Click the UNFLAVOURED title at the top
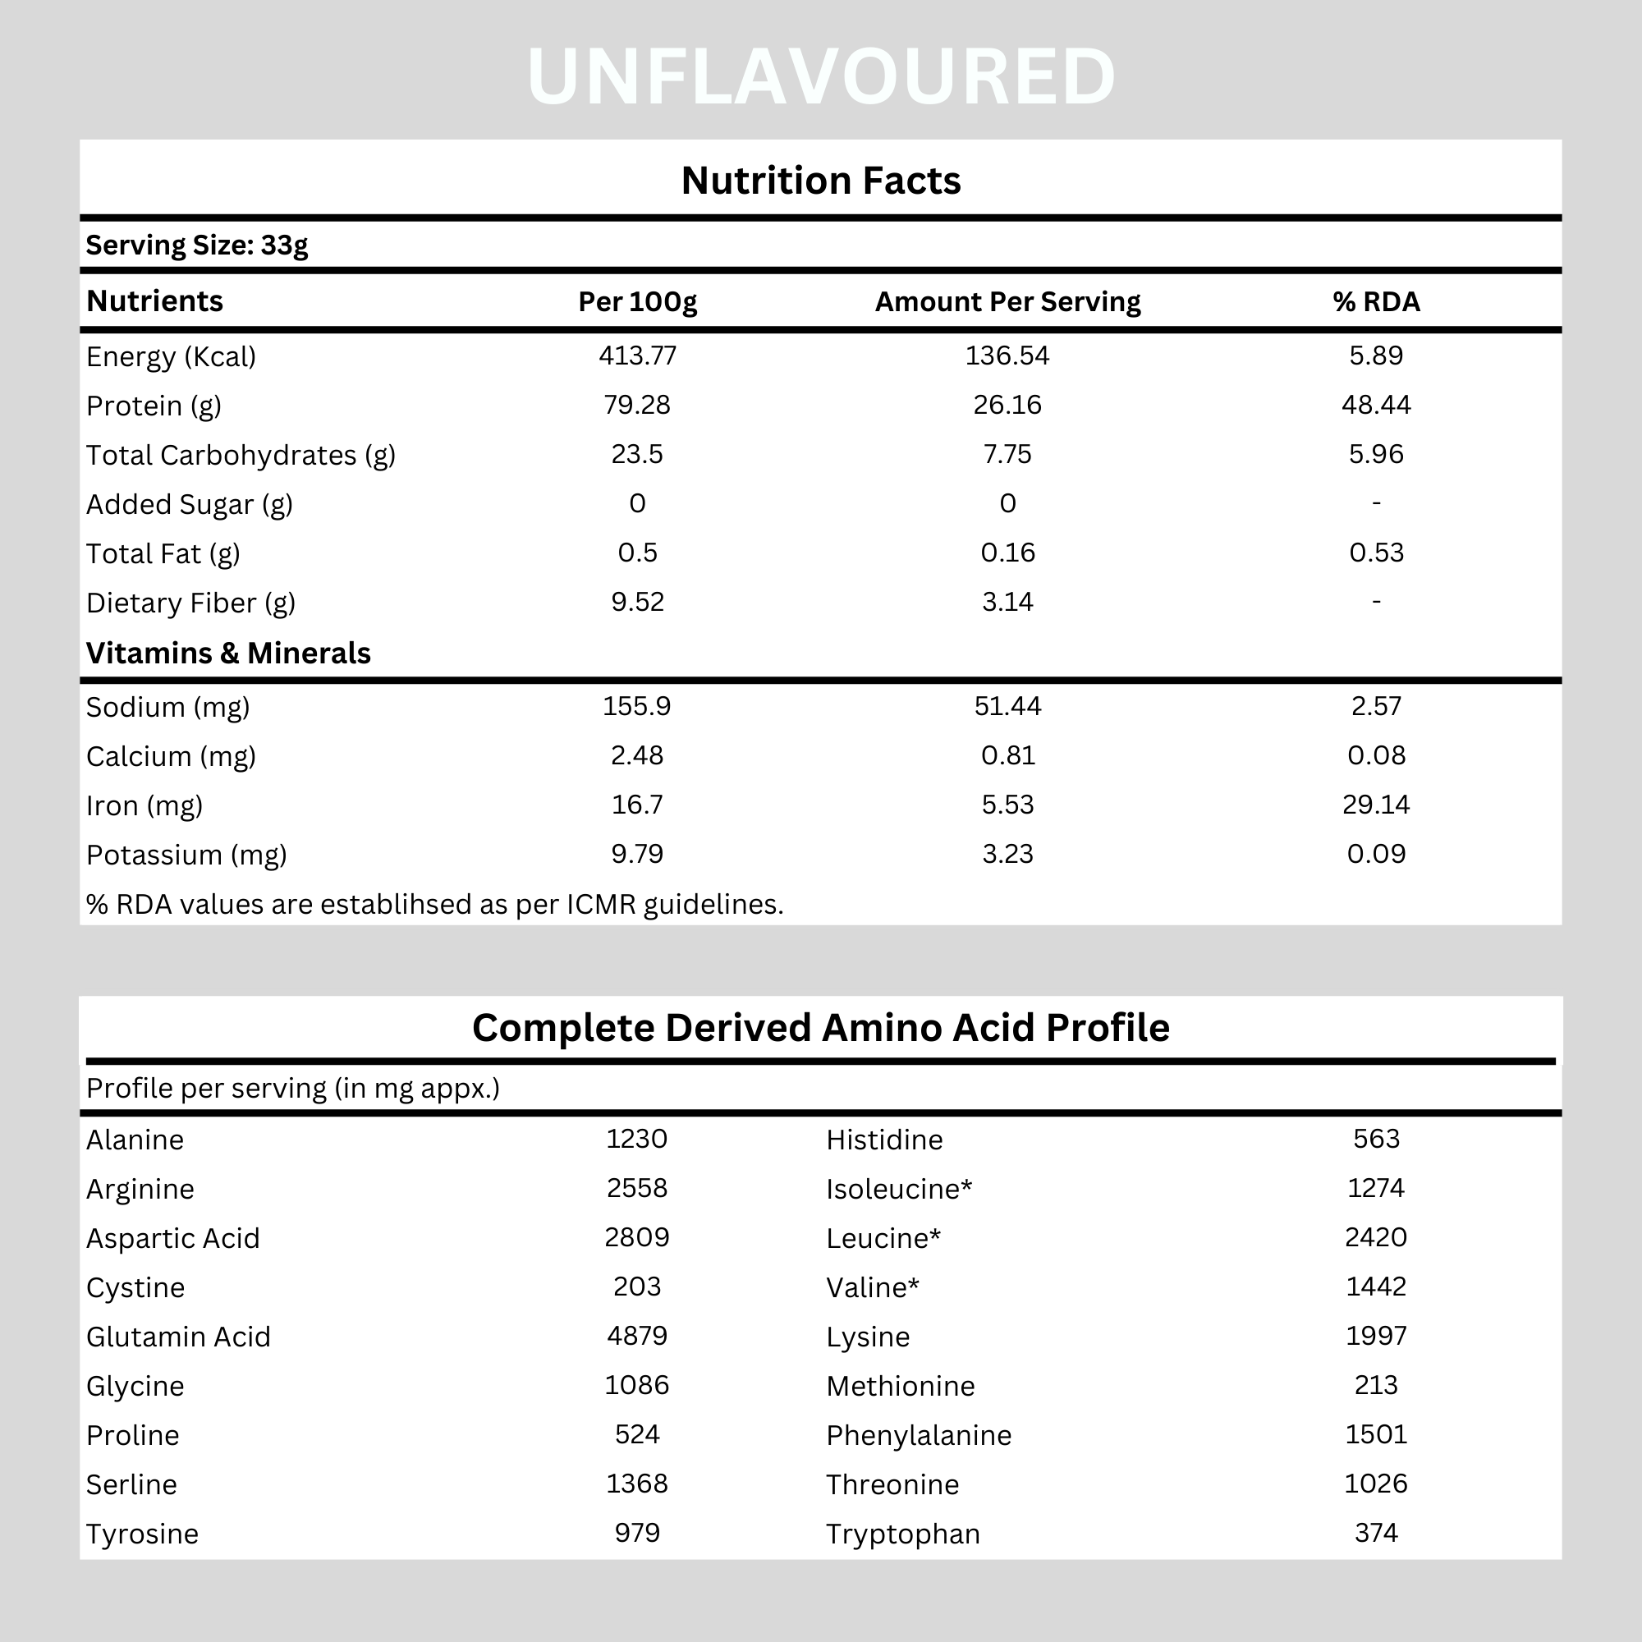[x=821, y=77]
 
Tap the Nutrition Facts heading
[x=821, y=181]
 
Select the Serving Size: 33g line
[x=196, y=245]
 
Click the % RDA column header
[x=1376, y=301]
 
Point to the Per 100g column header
[x=637, y=301]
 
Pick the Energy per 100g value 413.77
[x=637, y=355]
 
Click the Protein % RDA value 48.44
[x=1376, y=405]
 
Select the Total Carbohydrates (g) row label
[x=241, y=456]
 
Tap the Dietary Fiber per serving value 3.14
[x=1007, y=602]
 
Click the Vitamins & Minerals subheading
[x=228, y=653]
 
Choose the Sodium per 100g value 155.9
[x=636, y=706]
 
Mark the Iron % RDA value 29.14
[x=1376, y=804]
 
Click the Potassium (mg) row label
[x=186, y=854]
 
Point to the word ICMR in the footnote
[x=601, y=904]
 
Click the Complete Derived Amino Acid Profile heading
[x=821, y=1028]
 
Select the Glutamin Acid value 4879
[x=636, y=1335]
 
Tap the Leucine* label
[x=883, y=1238]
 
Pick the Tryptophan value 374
[x=1376, y=1532]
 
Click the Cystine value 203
[x=636, y=1286]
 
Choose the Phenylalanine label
[x=919, y=1435]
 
